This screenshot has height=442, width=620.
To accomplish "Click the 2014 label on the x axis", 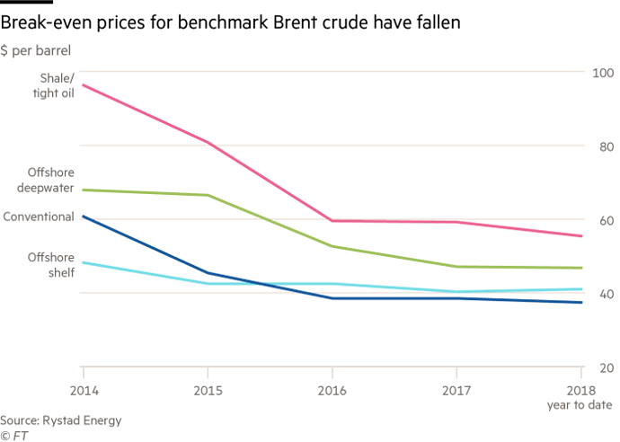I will (83, 392).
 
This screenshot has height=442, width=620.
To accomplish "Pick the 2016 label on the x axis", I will (332, 392).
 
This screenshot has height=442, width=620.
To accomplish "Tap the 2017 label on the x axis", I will (457, 392).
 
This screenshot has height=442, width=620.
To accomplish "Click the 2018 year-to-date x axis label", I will (582, 397).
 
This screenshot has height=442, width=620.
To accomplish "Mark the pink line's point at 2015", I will (208, 142).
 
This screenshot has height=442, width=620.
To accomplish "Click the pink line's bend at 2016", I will (332, 221).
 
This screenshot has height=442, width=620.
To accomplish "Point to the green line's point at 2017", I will (457, 267).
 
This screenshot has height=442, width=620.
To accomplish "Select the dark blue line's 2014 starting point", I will (83, 217).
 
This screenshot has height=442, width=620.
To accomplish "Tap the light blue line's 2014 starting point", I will (83, 262).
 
